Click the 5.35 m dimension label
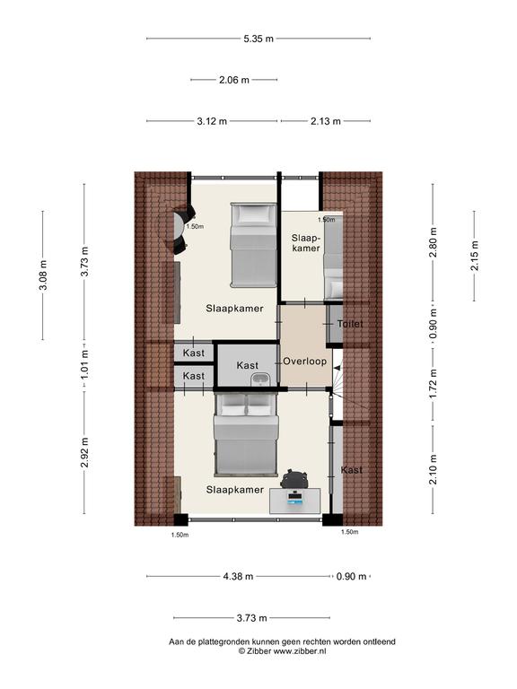pos(258,39)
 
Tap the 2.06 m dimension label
pos(234,80)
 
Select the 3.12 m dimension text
pos(212,121)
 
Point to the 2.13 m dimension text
pos(325,121)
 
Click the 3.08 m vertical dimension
pos(43,275)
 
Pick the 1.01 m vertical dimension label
pos(85,365)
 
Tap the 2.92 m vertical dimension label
pos(85,452)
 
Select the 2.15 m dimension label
pos(475,256)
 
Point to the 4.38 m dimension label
pos(238,577)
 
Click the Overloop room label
pos(304,362)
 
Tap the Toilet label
pos(350,324)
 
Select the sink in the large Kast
pos(261,379)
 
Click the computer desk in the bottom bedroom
pos(295,500)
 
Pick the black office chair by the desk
pos(294,478)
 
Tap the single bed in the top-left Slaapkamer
pos(254,245)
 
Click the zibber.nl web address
pos(300,651)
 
